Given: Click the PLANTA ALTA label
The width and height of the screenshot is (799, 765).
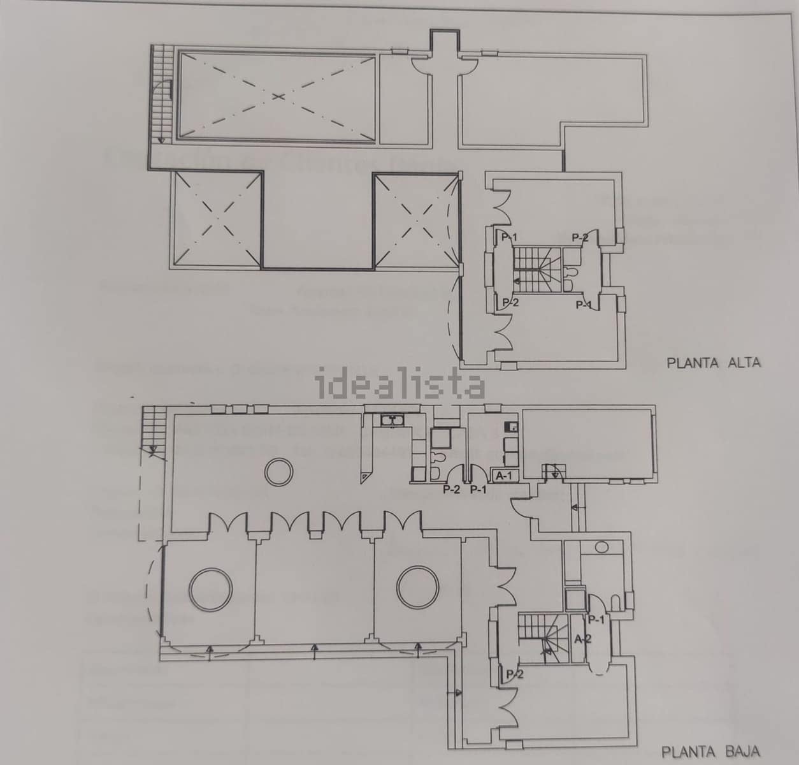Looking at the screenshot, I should [x=713, y=363].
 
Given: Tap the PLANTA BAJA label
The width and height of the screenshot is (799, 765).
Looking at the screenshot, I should [x=710, y=752].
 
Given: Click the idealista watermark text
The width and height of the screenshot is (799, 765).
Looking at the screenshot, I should [x=400, y=384].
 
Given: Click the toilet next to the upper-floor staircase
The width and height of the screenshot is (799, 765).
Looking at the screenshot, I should [x=572, y=273].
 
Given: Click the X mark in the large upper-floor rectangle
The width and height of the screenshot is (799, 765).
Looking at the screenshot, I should [x=277, y=97].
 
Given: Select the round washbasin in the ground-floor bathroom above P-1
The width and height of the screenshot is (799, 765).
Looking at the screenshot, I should [x=600, y=546].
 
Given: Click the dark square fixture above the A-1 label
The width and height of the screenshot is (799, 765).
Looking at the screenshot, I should [x=510, y=425].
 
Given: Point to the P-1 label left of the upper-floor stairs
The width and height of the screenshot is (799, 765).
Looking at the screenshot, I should [x=508, y=238].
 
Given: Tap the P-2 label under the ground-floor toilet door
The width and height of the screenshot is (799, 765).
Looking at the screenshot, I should [x=451, y=490].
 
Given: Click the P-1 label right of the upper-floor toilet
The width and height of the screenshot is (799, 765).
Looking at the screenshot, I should [x=584, y=305].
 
